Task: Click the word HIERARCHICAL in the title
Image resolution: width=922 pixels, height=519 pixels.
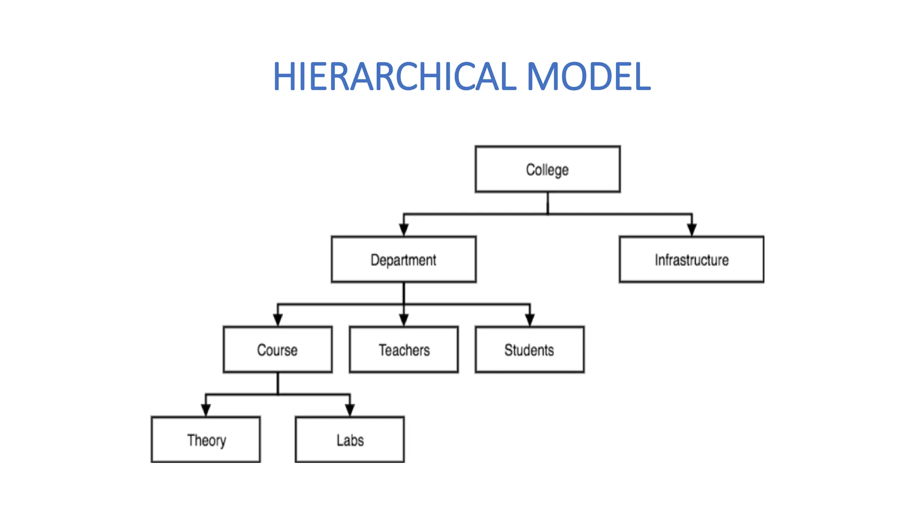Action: click(394, 77)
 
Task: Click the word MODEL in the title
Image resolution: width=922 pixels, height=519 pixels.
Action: click(588, 77)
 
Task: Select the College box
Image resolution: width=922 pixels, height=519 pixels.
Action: click(547, 169)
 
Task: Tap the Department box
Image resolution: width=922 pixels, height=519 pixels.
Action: click(403, 259)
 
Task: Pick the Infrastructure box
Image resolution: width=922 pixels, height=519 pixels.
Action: click(691, 259)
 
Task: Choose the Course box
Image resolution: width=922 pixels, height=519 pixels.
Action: click(278, 350)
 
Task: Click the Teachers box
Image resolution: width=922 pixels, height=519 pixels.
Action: click(404, 350)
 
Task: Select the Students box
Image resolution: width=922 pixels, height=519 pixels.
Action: click(529, 350)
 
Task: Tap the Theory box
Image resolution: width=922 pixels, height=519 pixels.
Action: click(206, 440)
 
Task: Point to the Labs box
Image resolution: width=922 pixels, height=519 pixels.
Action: click(350, 440)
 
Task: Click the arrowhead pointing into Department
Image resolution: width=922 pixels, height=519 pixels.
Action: click(404, 230)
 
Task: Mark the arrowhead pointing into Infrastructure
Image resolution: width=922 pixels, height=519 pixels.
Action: click(692, 230)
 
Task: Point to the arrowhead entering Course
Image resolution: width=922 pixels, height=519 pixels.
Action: click(278, 320)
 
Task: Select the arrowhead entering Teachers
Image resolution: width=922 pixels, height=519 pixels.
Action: click(404, 320)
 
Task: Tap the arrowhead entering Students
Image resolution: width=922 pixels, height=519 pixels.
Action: click(530, 320)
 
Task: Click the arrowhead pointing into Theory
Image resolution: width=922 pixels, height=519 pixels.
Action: click(206, 410)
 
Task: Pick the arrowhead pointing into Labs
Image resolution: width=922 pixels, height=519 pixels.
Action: click(350, 410)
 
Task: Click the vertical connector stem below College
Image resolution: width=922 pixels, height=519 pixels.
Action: click(547, 203)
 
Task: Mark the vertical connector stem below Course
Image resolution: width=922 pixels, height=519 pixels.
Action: click(278, 383)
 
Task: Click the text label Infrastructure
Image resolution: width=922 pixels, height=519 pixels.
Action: click(691, 260)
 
